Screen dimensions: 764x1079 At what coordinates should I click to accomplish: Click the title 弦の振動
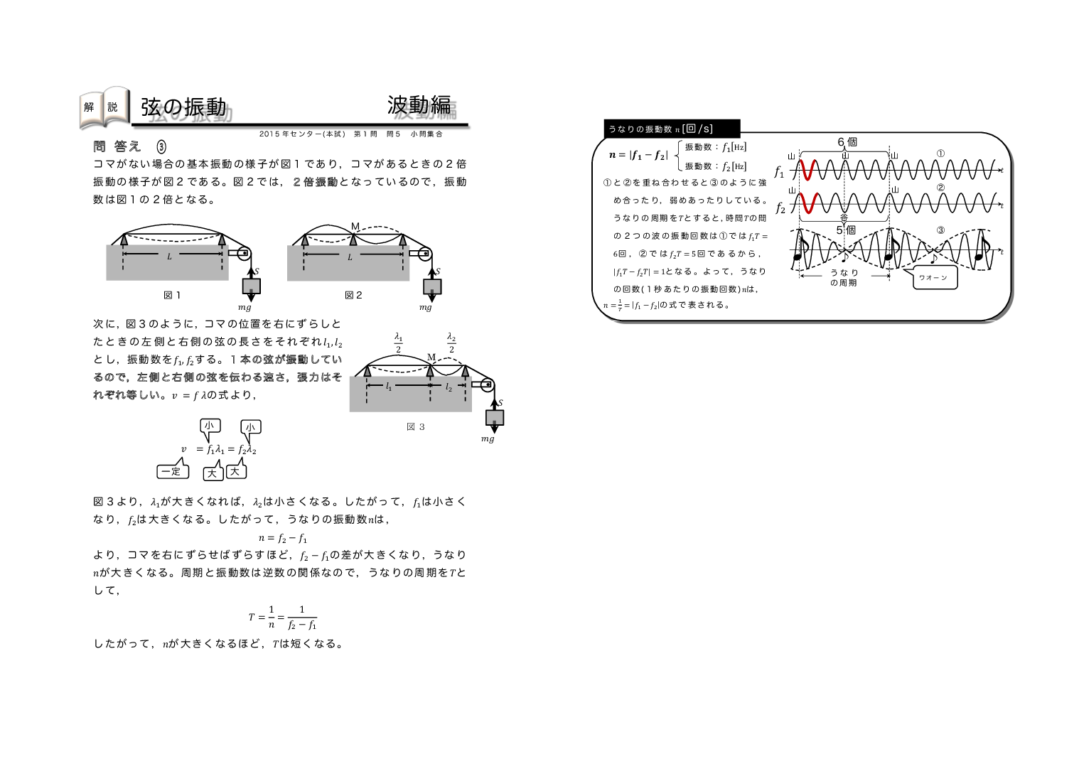click(183, 107)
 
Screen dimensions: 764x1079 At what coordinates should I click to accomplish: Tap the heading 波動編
click(419, 105)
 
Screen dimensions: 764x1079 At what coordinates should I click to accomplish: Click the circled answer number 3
click(161, 146)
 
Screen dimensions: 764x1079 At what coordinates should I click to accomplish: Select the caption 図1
click(172, 295)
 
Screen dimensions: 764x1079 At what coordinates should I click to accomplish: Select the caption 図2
click(353, 295)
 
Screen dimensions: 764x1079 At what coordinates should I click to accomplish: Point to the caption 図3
click(416, 427)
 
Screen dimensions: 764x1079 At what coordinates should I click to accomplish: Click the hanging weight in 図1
click(251, 286)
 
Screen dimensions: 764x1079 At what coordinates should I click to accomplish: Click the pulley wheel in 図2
click(425, 254)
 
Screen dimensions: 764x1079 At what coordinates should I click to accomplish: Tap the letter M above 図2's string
click(355, 227)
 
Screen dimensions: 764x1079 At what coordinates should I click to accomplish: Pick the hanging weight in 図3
click(494, 417)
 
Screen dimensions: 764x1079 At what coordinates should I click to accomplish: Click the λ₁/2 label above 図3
click(398, 343)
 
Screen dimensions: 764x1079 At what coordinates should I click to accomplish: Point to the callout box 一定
click(171, 471)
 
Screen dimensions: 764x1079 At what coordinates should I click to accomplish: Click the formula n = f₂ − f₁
click(282, 538)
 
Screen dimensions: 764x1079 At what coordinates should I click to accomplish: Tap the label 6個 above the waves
click(847, 142)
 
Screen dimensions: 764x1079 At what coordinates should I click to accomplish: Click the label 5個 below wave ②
click(846, 230)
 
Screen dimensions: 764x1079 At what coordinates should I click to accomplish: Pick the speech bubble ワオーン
click(934, 278)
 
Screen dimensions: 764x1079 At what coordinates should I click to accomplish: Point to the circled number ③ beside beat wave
click(940, 230)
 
